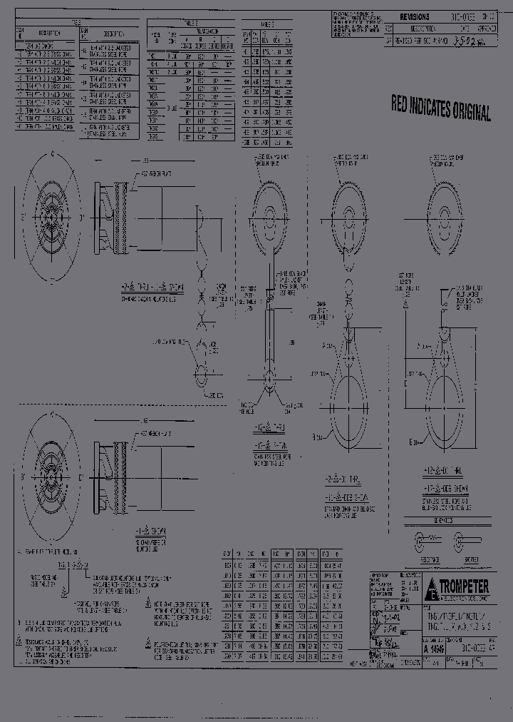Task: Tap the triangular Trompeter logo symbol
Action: (x=432, y=590)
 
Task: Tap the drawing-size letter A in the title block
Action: (x=426, y=649)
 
